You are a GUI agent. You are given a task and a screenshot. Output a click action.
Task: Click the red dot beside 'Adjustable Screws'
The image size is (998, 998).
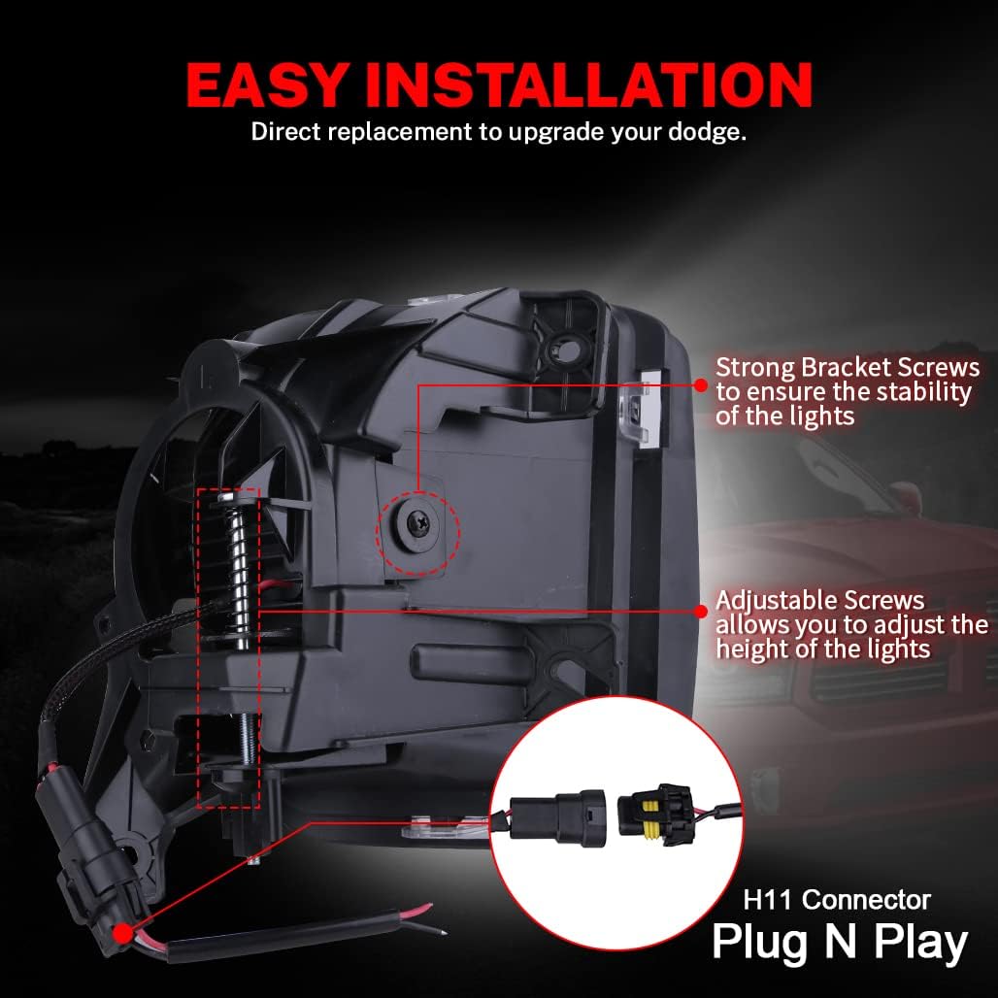point(700,611)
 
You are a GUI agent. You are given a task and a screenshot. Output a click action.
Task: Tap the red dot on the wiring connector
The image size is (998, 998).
point(123,934)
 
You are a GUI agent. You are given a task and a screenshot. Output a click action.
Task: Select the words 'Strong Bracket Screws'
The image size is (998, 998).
point(848,369)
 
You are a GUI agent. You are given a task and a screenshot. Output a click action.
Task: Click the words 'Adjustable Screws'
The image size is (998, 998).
point(820,601)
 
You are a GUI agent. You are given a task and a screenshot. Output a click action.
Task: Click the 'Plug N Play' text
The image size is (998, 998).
point(840,942)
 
